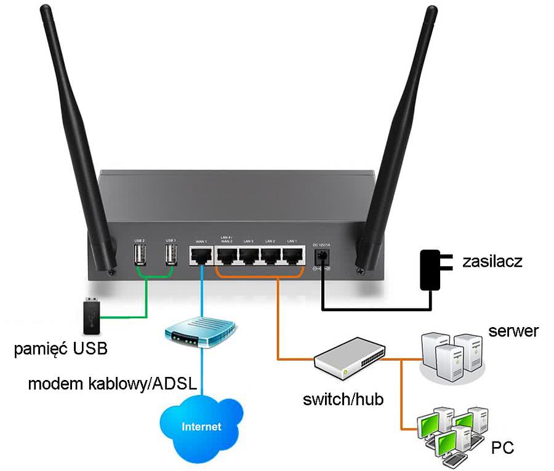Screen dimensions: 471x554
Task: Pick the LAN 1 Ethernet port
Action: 293,255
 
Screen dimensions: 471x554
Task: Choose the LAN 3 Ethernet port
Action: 248,255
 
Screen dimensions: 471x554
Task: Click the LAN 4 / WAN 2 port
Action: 225,255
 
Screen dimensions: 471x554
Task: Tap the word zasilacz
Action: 492,261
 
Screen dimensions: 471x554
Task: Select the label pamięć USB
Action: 62,349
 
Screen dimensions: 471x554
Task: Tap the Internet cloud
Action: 201,425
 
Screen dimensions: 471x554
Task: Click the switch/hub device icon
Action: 349,359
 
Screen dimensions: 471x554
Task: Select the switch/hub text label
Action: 343,400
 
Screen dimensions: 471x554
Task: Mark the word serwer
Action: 513,331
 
